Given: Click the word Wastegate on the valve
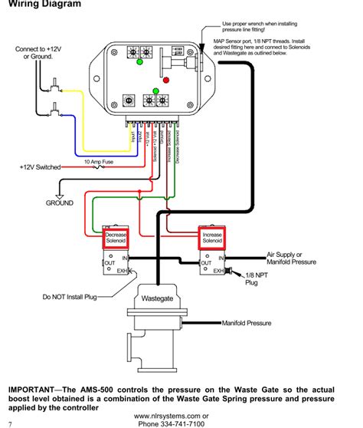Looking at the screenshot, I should (x=157, y=298).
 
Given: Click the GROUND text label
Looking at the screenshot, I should (x=59, y=203).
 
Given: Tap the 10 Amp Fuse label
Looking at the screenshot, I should (x=100, y=162).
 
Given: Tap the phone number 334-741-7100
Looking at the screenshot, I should (x=181, y=423).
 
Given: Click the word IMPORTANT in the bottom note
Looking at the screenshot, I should (x=37, y=389).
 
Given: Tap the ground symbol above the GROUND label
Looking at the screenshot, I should (x=60, y=192).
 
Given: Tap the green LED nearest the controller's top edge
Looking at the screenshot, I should (x=139, y=62).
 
